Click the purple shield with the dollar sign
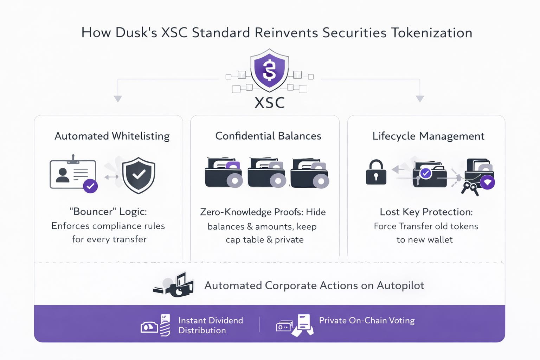(x=269, y=70)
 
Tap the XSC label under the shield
(x=269, y=103)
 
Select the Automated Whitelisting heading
(x=112, y=136)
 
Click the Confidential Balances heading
(x=268, y=136)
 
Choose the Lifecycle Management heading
(x=428, y=136)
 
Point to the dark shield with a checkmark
(x=139, y=175)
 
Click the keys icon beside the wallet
(x=470, y=187)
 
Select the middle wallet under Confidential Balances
(x=266, y=173)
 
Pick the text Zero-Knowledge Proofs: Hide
(x=263, y=212)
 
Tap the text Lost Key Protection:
(x=426, y=212)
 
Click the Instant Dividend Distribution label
(x=210, y=325)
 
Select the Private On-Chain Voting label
(x=367, y=320)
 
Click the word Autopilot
(x=400, y=285)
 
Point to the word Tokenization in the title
(x=432, y=33)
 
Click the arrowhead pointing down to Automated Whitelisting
(x=118, y=98)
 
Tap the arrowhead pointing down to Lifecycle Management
(x=420, y=98)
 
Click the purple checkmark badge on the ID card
(x=90, y=186)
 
